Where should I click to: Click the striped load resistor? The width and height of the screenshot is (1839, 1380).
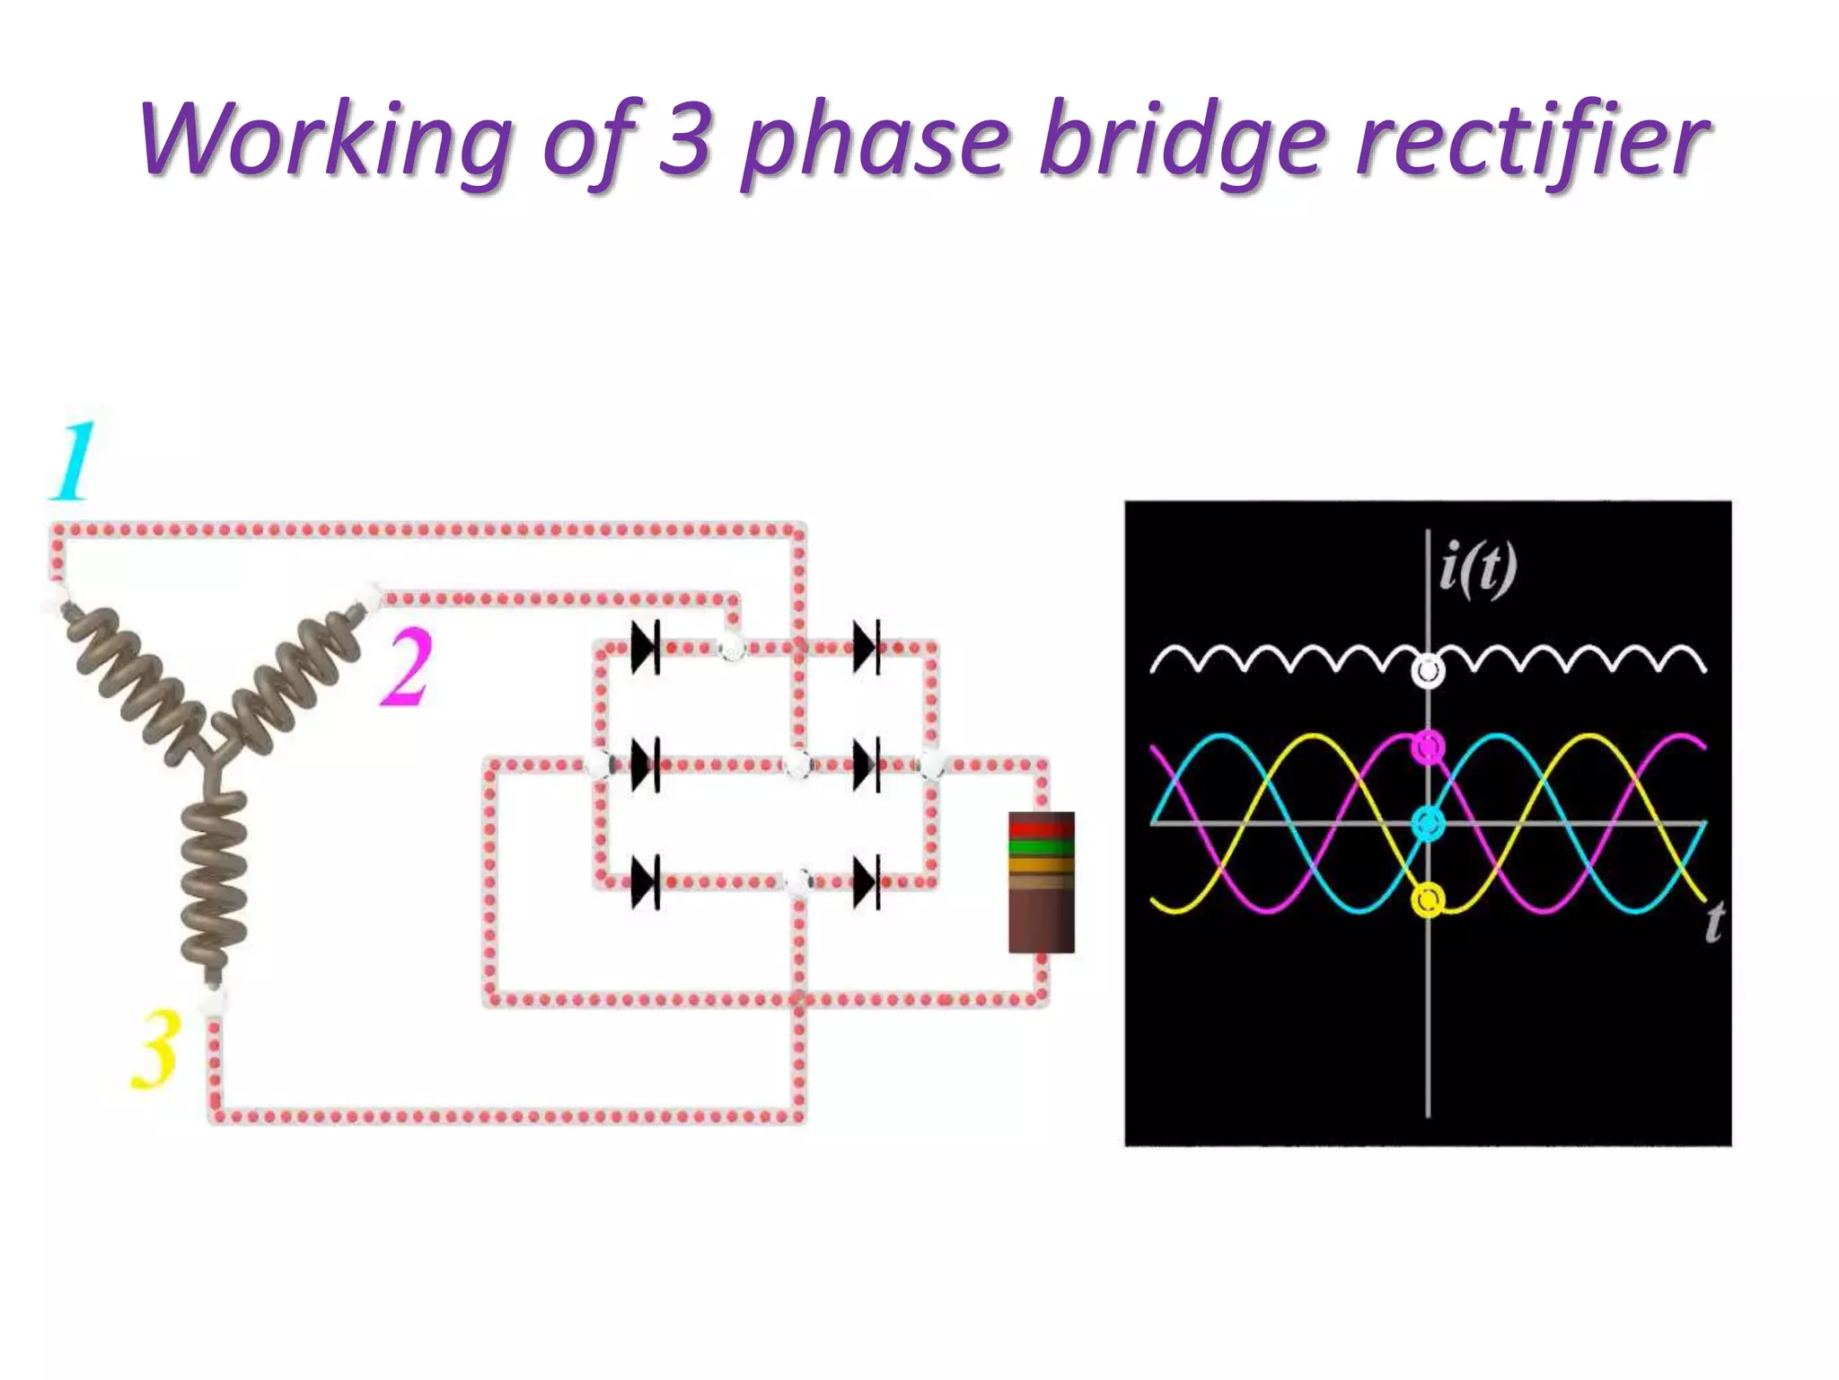click(x=1041, y=881)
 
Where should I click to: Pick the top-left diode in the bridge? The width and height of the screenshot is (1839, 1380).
click(x=646, y=647)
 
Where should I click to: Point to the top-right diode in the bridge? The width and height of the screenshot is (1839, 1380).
click(x=867, y=647)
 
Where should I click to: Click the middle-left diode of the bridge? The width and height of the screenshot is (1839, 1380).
click(x=646, y=765)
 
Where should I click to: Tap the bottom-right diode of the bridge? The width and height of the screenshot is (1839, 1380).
click(x=867, y=882)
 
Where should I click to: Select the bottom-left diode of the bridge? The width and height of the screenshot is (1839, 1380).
click(x=646, y=882)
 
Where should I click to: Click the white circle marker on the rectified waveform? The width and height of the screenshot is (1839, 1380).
click(x=1427, y=671)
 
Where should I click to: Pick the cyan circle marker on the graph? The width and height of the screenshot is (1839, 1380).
click(x=1428, y=822)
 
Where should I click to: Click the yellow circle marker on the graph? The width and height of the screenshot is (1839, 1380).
click(x=1428, y=898)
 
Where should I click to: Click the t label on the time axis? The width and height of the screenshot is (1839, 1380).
click(x=1714, y=922)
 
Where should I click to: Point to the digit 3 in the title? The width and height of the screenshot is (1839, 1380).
click(x=686, y=139)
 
